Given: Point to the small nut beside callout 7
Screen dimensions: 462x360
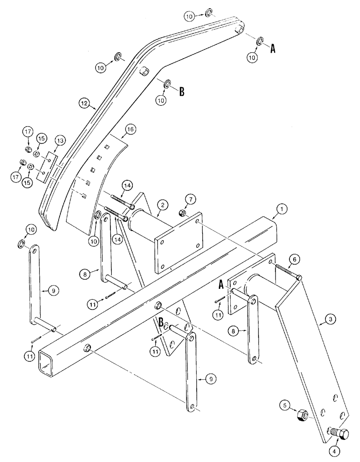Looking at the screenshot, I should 182,213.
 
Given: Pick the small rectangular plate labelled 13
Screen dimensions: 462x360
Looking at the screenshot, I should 47,167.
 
